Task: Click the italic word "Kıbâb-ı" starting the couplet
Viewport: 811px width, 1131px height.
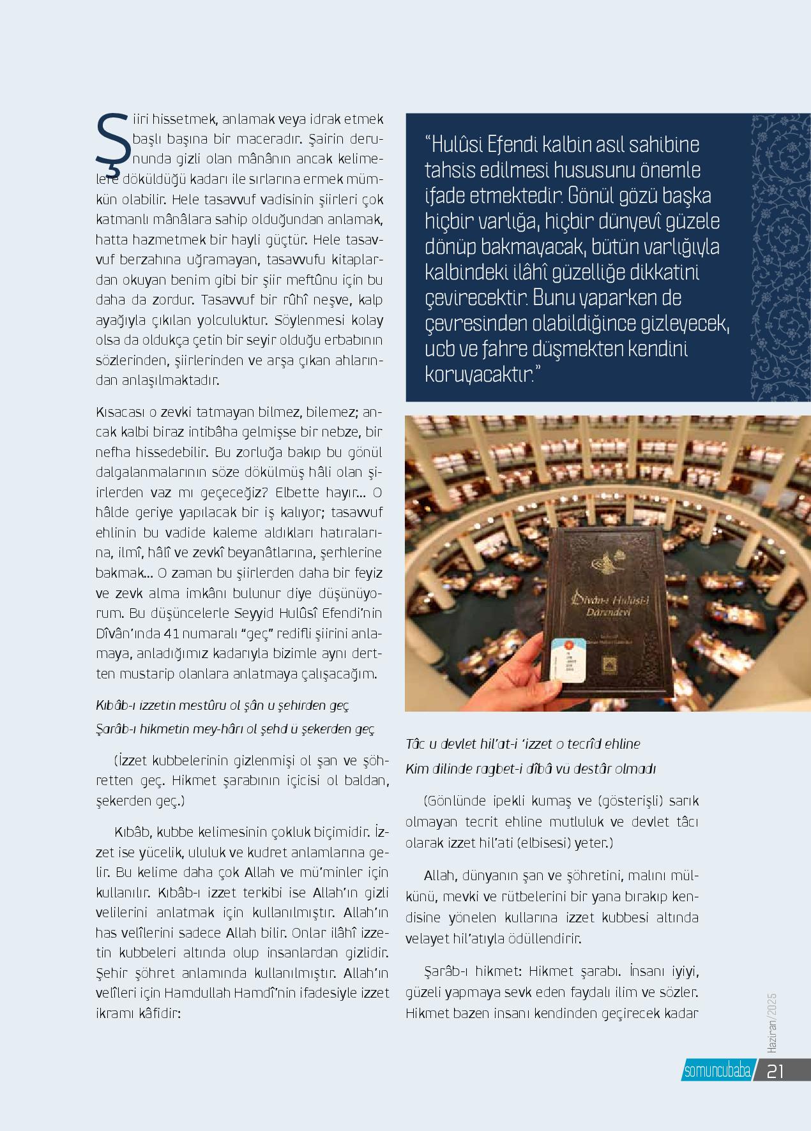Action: click(114, 707)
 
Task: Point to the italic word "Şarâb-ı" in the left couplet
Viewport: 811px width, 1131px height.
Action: click(114, 729)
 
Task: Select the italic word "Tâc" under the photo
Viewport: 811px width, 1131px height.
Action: click(416, 744)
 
